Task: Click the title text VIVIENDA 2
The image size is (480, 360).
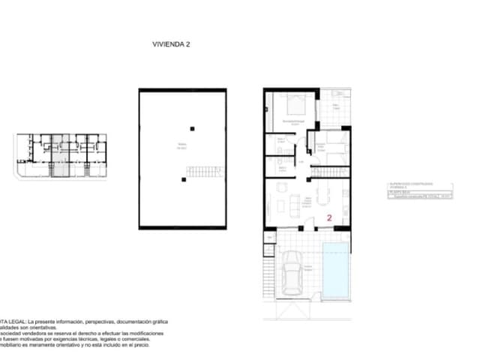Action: pos(172,45)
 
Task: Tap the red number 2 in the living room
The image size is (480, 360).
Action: pos(329,217)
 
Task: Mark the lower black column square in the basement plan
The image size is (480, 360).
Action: pos(183,179)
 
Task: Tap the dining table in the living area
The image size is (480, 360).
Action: pos(323,196)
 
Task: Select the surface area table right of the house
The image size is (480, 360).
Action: pos(419,190)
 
